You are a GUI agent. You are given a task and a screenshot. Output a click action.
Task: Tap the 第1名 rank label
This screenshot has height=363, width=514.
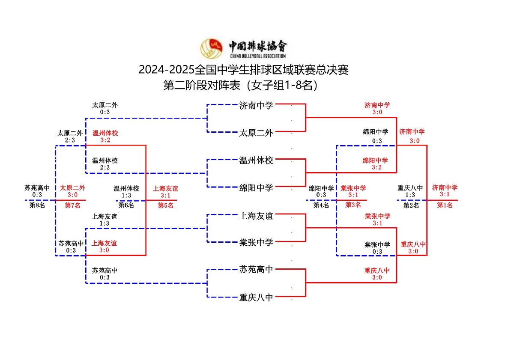(445, 205)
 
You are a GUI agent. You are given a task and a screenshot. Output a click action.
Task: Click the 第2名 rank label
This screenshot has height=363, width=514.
(411, 205)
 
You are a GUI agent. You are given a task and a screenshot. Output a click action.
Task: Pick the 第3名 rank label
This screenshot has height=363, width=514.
(353, 205)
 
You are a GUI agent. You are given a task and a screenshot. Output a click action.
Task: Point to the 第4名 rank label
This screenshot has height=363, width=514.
(321, 205)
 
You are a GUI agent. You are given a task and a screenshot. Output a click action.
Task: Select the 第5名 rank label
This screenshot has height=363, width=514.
(165, 205)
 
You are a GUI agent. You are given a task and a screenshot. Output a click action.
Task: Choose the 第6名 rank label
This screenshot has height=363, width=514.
(126, 205)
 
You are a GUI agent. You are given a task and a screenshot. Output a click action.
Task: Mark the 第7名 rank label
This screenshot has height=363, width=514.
(72, 205)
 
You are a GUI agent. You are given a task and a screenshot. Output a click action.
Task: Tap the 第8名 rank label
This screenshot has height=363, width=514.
(37, 205)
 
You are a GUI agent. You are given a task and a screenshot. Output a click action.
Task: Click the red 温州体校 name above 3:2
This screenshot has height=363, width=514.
(105, 133)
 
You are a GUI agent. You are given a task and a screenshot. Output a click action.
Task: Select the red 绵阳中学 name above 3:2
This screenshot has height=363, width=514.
(375, 161)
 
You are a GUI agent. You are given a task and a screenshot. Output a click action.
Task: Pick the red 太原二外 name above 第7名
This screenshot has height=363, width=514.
(72, 187)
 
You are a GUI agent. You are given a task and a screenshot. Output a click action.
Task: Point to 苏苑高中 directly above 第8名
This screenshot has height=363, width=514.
(37, 187)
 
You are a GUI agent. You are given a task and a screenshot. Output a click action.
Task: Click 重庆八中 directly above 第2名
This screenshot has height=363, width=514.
(410, 187)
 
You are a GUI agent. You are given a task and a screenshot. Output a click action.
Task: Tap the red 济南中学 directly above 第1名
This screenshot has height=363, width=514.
(445, 187)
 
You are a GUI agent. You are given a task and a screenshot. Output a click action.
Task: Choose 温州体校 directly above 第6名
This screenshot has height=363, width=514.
(126, 188)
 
